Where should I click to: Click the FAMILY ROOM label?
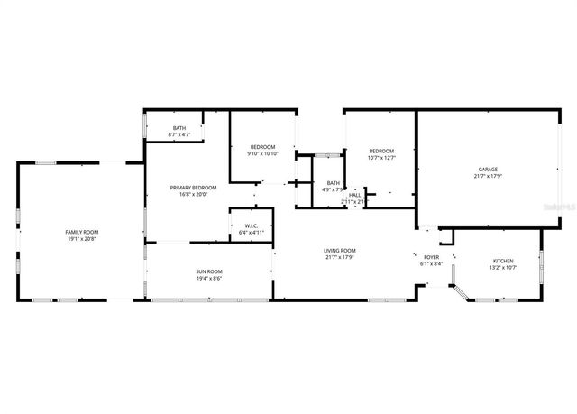tap(80, 233)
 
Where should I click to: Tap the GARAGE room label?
tap(488, 170)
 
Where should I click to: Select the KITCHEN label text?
tap(502, 261)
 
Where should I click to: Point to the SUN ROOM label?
tap(209, 271)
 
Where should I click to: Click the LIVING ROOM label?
tap(340, 250)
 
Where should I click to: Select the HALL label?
tap(354, 196)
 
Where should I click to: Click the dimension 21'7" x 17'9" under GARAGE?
tap(488, 176)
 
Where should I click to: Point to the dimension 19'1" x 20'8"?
tap(80, 239)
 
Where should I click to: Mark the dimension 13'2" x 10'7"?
tap(502, 267)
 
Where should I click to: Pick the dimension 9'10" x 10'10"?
tap(262, 153)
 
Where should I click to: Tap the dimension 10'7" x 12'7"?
tap(381, 158)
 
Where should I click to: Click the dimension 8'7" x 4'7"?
tap(179, 135)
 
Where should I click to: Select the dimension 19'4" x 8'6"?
tap(209, 278)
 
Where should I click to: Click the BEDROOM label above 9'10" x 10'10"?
tap(262, 147)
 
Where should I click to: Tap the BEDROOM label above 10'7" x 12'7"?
tap(381, 151)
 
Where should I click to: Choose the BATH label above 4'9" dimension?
tap(334, 183)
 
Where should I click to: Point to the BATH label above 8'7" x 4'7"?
tap(179, 128)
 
